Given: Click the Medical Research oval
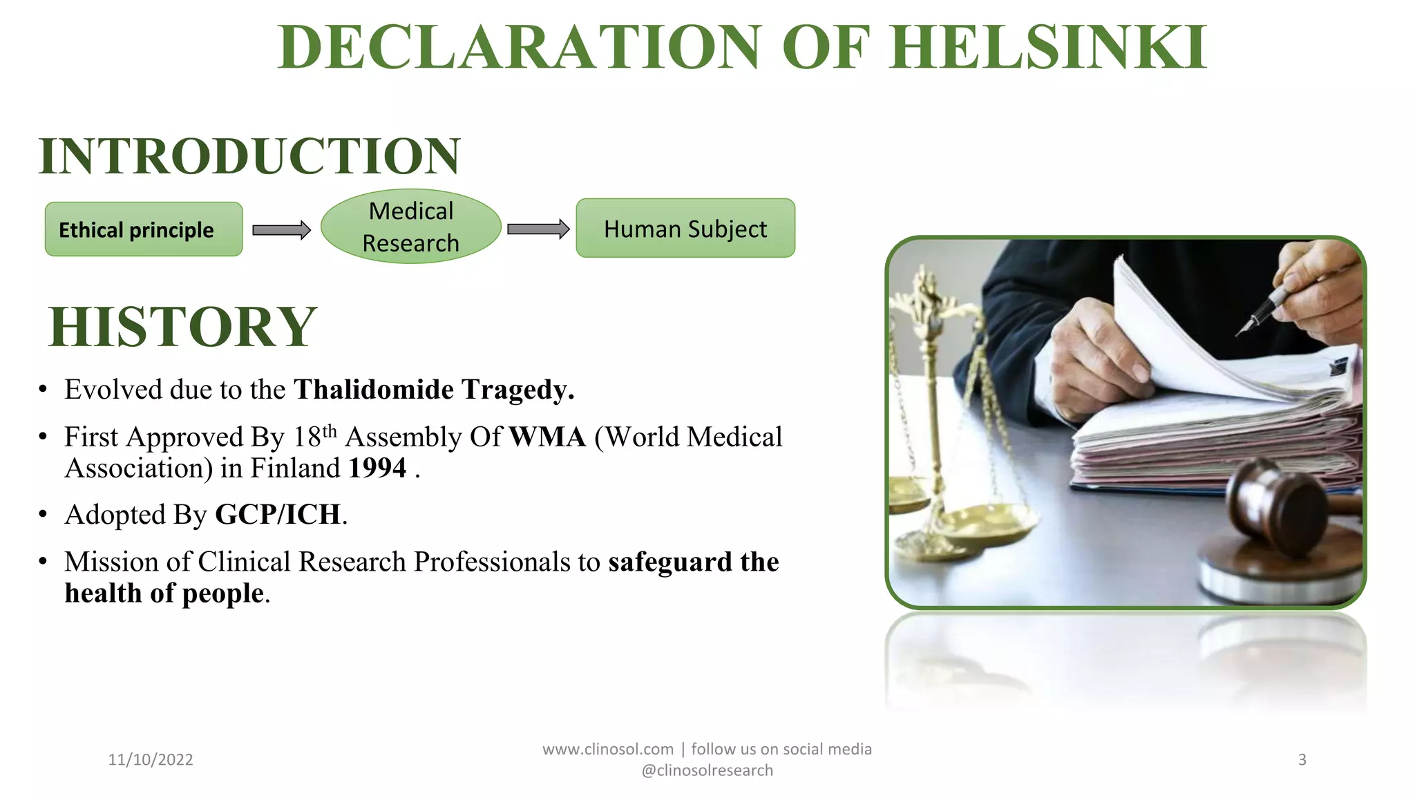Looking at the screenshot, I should (x=411, y=227).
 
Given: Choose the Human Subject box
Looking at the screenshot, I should (x=685, y=229).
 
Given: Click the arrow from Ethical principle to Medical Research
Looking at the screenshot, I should (x=281, y=230).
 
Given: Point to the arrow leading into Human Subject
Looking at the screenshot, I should (x=538, y=229).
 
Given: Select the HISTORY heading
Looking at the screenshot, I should (x=183, y=327).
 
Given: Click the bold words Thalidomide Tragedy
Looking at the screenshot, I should (x=433, y=390).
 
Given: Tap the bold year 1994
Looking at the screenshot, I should (x=377, y=468).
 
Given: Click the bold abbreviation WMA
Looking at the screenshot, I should (x=547, y=437).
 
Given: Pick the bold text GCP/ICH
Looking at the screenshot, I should (x=278, y=515).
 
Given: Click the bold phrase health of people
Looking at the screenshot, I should (x=164, y=594).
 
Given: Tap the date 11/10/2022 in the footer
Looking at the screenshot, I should (x=151, y=759).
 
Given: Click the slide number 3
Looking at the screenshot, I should (x=1302, y=759).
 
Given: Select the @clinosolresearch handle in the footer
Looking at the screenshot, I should (x=707, y=770).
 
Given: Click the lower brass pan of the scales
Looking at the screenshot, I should (x=988, y=522).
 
